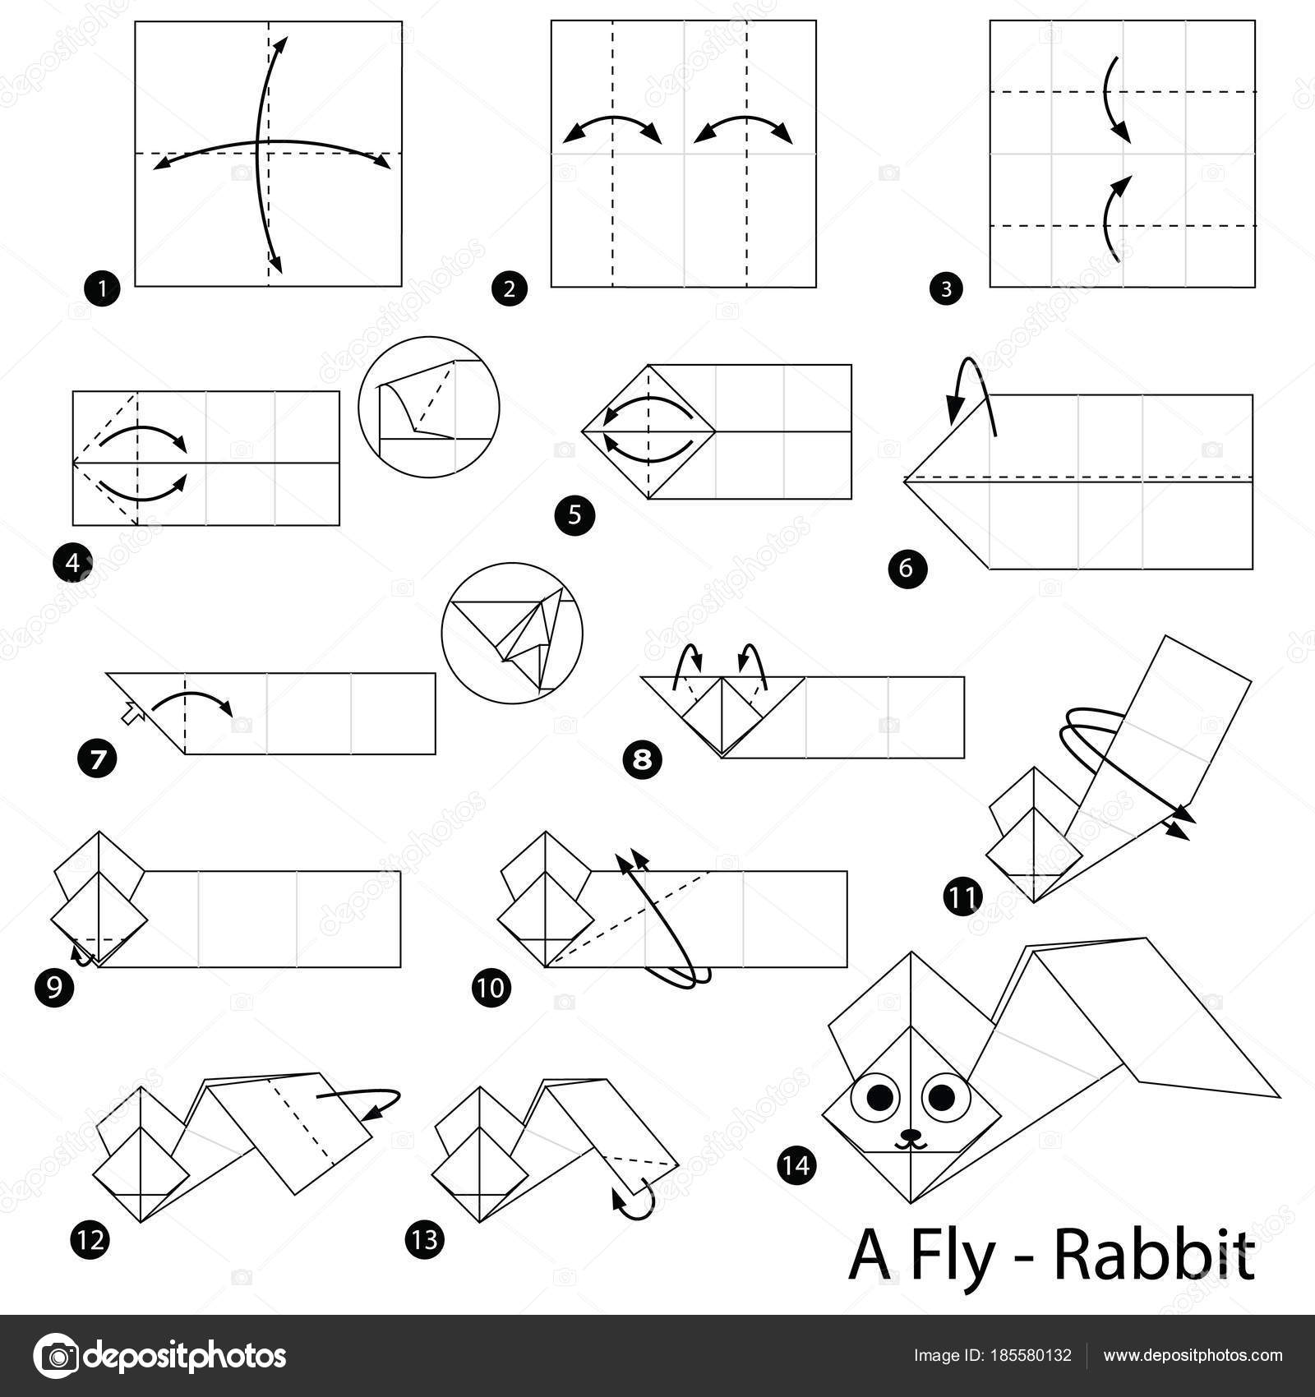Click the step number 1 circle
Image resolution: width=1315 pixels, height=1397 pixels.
click(102, 288)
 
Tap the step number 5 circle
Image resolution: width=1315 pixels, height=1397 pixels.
click(574, 515)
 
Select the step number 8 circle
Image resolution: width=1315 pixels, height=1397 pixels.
click(643, 760)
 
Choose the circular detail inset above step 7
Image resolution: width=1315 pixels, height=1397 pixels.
click(512, 633)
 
